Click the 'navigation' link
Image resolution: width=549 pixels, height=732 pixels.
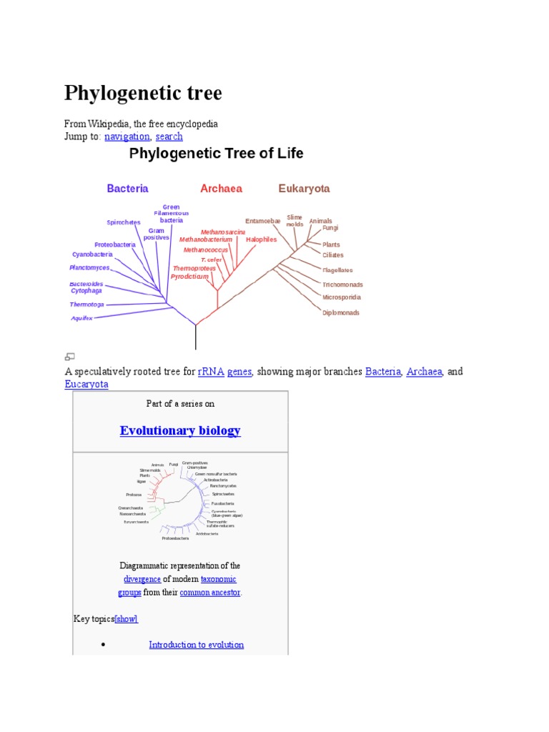pos(127,137)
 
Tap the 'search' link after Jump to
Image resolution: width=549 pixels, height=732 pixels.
pos(169,137)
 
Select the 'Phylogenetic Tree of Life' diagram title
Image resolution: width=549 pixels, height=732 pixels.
pos(216,153)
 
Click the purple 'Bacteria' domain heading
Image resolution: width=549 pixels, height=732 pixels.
pos(127,189)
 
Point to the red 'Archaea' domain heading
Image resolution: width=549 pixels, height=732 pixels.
pos(221,189)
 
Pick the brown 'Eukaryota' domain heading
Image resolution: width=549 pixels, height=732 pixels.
pos(304,189)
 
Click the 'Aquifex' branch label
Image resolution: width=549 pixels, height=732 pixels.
pos(81,318)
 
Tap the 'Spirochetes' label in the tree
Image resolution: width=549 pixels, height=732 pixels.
pos(124,222)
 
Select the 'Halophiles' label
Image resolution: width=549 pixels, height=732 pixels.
pos(261,239)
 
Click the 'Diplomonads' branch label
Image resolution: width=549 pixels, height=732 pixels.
pos(341,312)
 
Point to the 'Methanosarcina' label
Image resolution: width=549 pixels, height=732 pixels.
pos(222,232)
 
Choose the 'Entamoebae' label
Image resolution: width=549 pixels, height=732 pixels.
pos(262,221)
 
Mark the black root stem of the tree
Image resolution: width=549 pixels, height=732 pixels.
pos(195,336)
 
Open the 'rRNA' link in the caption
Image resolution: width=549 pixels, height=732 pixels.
pos(211,372)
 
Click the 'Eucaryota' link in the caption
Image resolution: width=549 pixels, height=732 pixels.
pos(86,385)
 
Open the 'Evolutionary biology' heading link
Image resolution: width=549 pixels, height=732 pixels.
pos(180,430)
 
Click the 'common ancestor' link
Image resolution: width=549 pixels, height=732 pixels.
pos(210,593)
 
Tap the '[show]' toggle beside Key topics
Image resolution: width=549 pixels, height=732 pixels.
pos(127,619)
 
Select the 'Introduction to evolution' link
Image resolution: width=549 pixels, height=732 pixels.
pos(196,645)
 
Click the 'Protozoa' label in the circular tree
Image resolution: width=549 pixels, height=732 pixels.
pos(134,495)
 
